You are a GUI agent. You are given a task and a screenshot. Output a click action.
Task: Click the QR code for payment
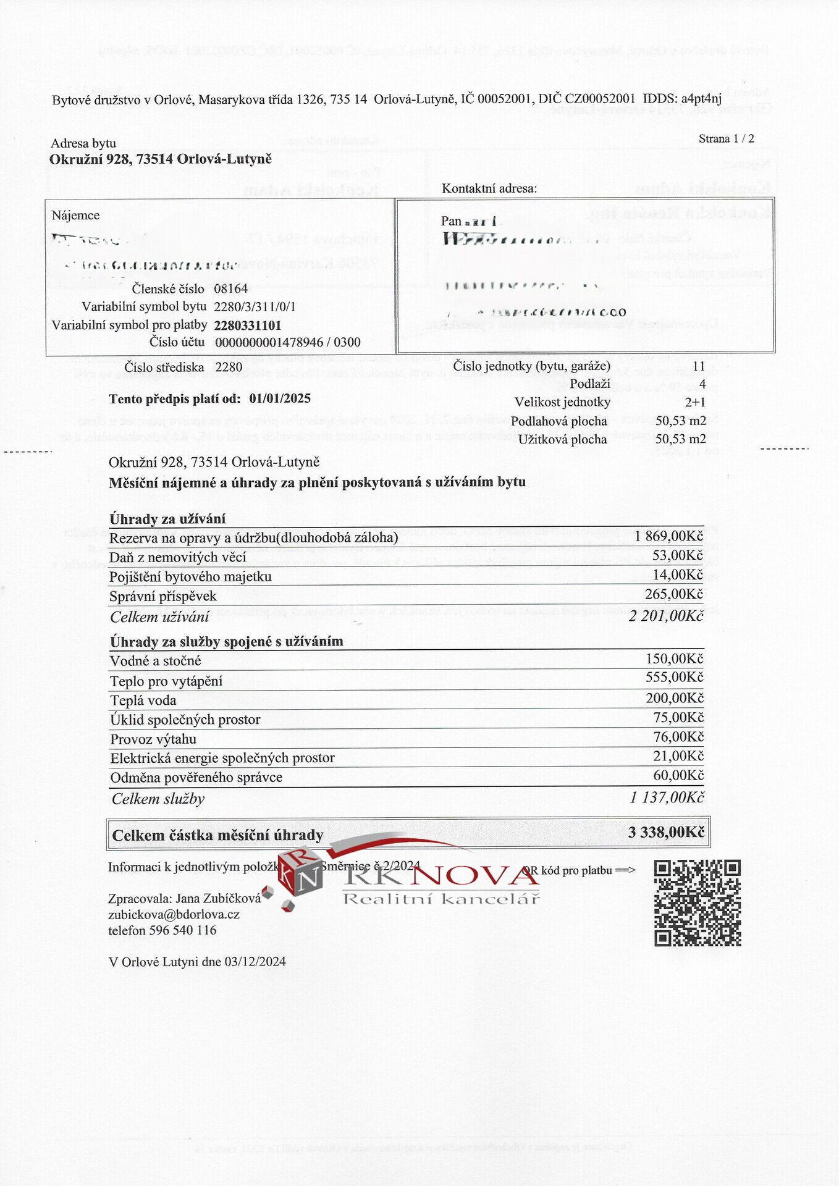[x=698, y=902]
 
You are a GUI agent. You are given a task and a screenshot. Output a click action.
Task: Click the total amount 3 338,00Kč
[x=666, y=833]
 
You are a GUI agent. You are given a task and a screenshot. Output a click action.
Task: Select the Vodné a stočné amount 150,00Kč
[x=674, y=659]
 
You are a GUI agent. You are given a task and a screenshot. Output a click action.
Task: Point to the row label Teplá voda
[x=143, y=700]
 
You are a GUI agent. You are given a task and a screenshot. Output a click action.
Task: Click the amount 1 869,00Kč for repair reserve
[x=668, y=536]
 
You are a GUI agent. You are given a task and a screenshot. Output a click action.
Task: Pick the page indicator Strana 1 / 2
[x=726, y=139]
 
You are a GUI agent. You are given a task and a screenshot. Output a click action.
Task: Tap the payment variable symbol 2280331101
[x=248, y=326]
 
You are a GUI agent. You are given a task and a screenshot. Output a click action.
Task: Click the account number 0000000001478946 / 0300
[x=288, y=342]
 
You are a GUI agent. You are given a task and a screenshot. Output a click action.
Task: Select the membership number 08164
[x=230, y=288]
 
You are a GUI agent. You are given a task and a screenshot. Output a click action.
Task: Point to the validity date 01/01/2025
[x=280, y=398]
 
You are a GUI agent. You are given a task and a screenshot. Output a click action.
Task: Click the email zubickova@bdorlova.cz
[x=174, y=915]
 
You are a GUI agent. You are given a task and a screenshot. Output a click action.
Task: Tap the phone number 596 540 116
[x=183, y=930]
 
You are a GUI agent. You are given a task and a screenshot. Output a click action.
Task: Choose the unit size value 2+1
[x=695, y=402]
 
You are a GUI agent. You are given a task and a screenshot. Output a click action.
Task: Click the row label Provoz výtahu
[x=153, y=739]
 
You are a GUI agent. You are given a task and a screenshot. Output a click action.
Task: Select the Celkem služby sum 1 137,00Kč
[x=667, y=797]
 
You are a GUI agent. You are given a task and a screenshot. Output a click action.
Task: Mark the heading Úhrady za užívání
[x=167, y=519]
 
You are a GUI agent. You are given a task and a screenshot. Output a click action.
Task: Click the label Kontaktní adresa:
[x=489, y=188]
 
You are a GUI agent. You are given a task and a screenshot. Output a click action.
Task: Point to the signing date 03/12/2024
[x=255, y=961]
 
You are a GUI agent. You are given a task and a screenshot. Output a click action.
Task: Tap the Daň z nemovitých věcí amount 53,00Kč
[x=677, y=555]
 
